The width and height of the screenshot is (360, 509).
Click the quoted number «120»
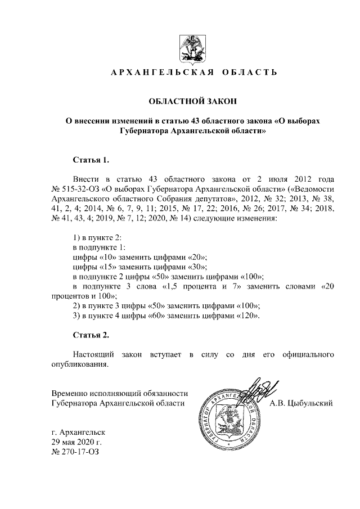coord(249,316)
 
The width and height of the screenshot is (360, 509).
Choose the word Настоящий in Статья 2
coord(94,355)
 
